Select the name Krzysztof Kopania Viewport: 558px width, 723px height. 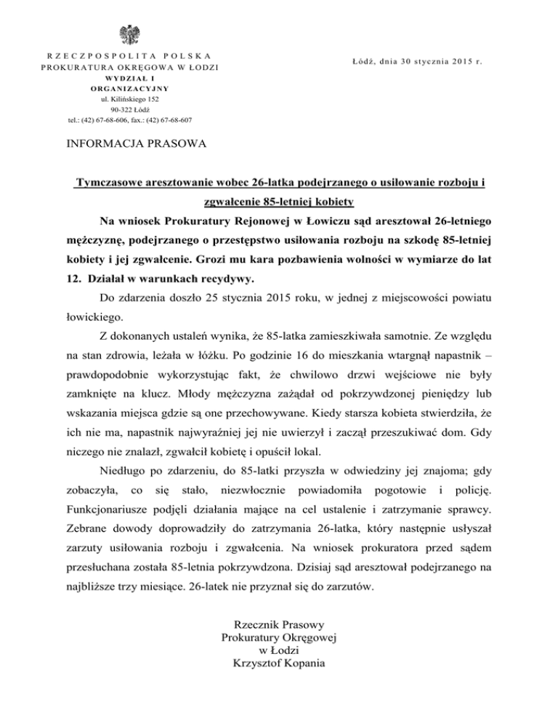coord(280,663)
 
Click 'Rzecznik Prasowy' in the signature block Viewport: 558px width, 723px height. coord(280,623)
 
